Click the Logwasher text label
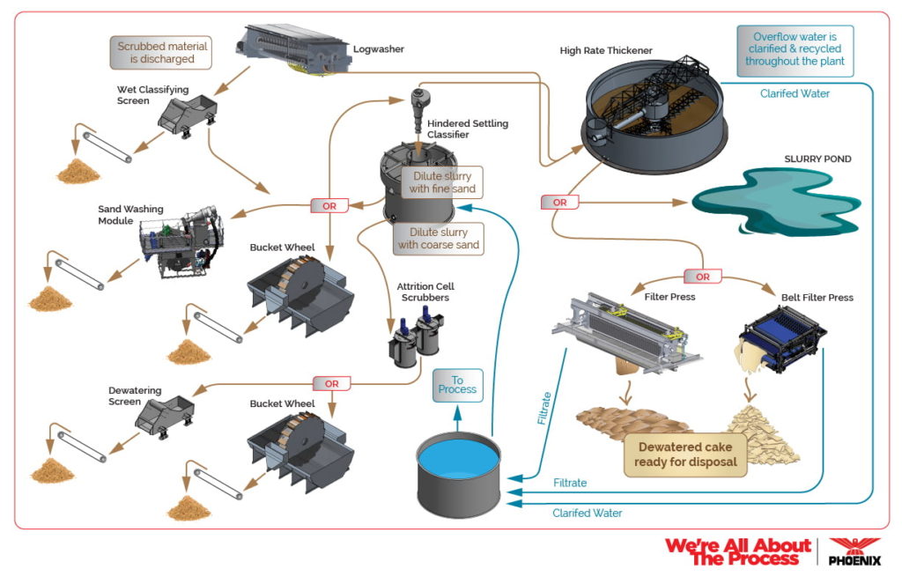pos(378,49)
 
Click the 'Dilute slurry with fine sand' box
pos(441,182)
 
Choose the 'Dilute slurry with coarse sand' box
pos(438,238)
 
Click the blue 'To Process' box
pos(457,385)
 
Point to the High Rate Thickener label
pos(606,50)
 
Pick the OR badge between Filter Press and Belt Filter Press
pos(704,277)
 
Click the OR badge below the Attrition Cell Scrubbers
pos(331,383)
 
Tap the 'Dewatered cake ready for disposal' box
pos(685,454)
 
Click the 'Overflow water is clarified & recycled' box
pos(795,49)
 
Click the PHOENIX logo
pos(854,552)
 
